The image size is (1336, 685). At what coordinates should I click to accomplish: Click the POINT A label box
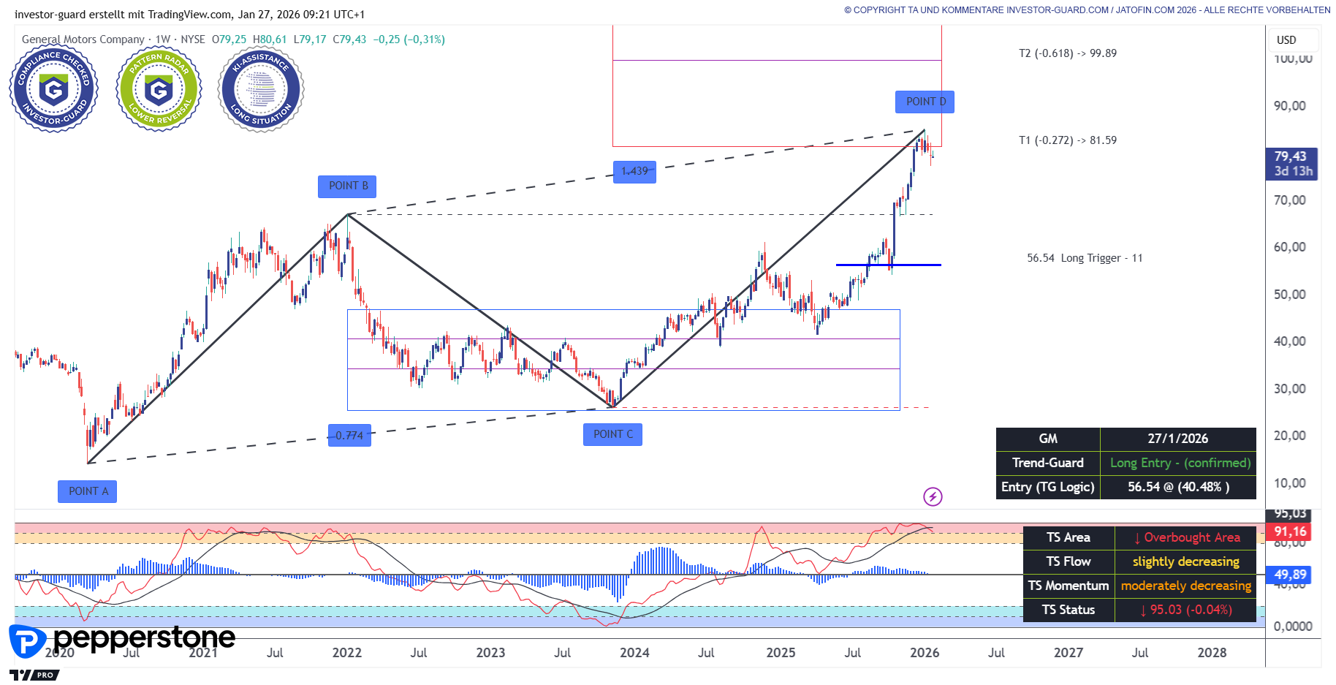tap(87, 491)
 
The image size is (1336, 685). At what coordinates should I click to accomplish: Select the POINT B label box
tap(347, 186)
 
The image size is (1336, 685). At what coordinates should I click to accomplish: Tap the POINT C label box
tap(612, 434)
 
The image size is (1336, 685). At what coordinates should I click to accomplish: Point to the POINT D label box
tap(925, 102)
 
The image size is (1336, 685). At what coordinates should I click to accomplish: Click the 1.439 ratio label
tap(634, 171)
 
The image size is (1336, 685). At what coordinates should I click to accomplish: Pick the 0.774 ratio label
tap(349, 436)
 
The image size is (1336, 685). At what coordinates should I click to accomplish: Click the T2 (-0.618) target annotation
tap(1067, 53)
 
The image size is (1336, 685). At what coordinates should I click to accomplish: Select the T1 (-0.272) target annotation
tap(1067, 140)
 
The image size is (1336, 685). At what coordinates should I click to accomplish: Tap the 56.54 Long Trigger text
tap(1085, 258)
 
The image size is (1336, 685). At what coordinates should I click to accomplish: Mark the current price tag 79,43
tap(1290, 156)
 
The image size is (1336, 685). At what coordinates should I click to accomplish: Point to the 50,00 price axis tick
tap(1289, 295)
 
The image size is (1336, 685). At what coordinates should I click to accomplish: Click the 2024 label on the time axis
tap(634, 653)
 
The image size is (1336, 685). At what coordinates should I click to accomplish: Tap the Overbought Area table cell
tap(1186, 537)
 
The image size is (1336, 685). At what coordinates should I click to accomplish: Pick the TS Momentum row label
tap(1068, 586)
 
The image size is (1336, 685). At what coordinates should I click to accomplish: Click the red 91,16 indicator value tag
tap(1290, 531)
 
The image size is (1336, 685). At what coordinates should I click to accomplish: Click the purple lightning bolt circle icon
tap(933, 497)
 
